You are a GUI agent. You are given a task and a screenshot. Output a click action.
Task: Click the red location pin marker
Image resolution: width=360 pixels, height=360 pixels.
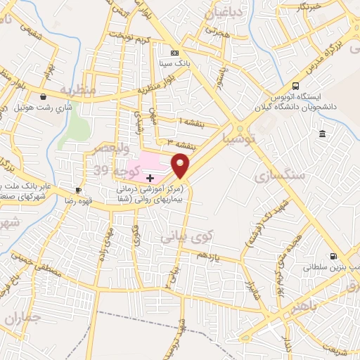[x=181, y=166]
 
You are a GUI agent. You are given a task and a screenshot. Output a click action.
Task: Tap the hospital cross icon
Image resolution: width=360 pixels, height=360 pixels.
[x=149, y=178]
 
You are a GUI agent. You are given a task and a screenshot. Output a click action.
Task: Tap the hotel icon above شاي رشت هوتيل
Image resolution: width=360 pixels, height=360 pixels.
[x=44, y=97]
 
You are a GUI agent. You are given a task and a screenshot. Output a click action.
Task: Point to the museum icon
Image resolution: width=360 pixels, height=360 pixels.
[x=322, y=134]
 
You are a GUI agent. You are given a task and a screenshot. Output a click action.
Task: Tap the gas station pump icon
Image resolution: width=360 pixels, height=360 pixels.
[x=333, y=256]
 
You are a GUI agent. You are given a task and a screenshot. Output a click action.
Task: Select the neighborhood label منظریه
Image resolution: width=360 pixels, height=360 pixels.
[x=75, y=90]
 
